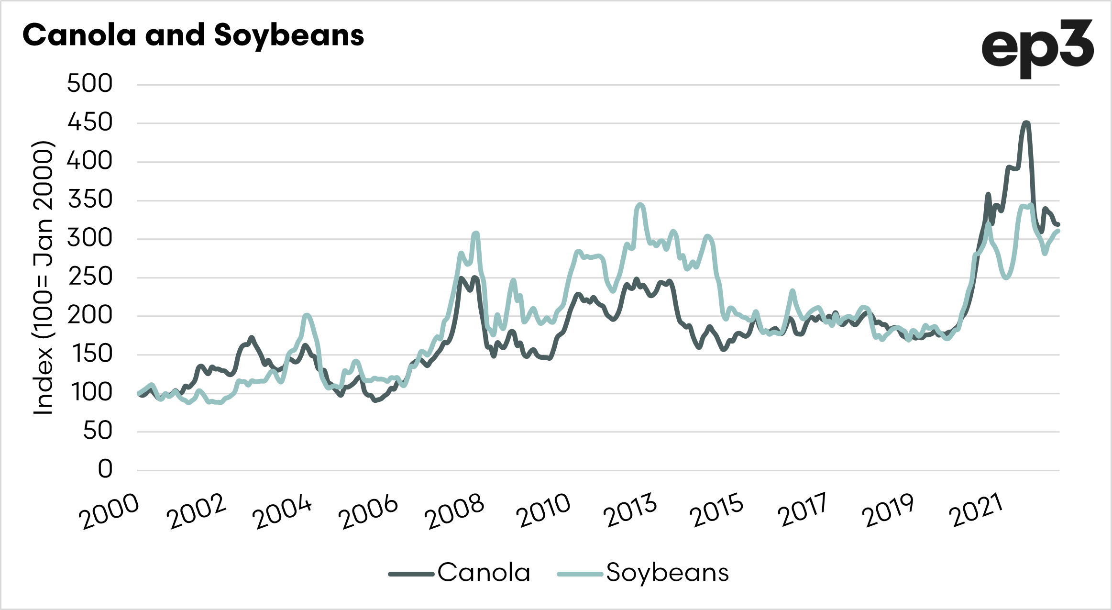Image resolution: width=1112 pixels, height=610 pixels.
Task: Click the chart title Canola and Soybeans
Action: [193, 35]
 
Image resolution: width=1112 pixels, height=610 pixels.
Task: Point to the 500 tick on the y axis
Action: [90, 84]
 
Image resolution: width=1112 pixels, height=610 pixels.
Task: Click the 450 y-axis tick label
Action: [90, 122]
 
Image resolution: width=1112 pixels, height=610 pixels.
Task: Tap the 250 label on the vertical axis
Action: [90, 277]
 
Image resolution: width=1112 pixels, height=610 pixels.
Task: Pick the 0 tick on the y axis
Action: [105, 469]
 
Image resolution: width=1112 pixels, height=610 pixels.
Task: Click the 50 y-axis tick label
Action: [98, 431]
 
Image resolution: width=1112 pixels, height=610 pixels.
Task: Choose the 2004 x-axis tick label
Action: [283, 511]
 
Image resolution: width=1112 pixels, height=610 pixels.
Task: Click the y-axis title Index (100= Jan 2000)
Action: [43, 277]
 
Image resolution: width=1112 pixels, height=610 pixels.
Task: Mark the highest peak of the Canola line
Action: [1025, 123]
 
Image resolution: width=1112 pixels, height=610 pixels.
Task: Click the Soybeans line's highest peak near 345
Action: [640, 205]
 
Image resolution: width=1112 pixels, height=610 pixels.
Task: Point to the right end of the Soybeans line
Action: [1058, 231]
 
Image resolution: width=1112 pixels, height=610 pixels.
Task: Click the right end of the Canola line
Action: [1058, 224]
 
